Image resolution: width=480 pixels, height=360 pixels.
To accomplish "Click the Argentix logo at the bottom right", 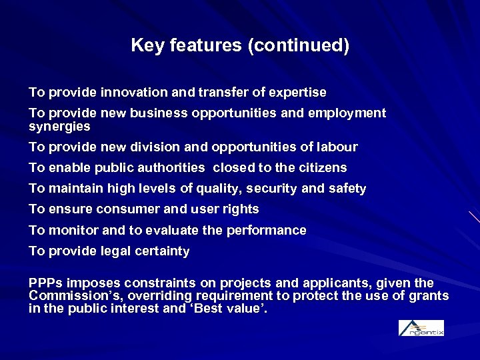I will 421,327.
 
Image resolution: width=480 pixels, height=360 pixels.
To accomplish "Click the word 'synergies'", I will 59,126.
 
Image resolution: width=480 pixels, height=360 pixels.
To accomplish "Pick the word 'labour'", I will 336,147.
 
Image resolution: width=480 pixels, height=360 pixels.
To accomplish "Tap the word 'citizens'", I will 323,168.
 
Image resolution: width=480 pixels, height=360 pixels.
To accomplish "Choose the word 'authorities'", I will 172,168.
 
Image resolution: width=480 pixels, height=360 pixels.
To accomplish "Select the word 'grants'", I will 429,296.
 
